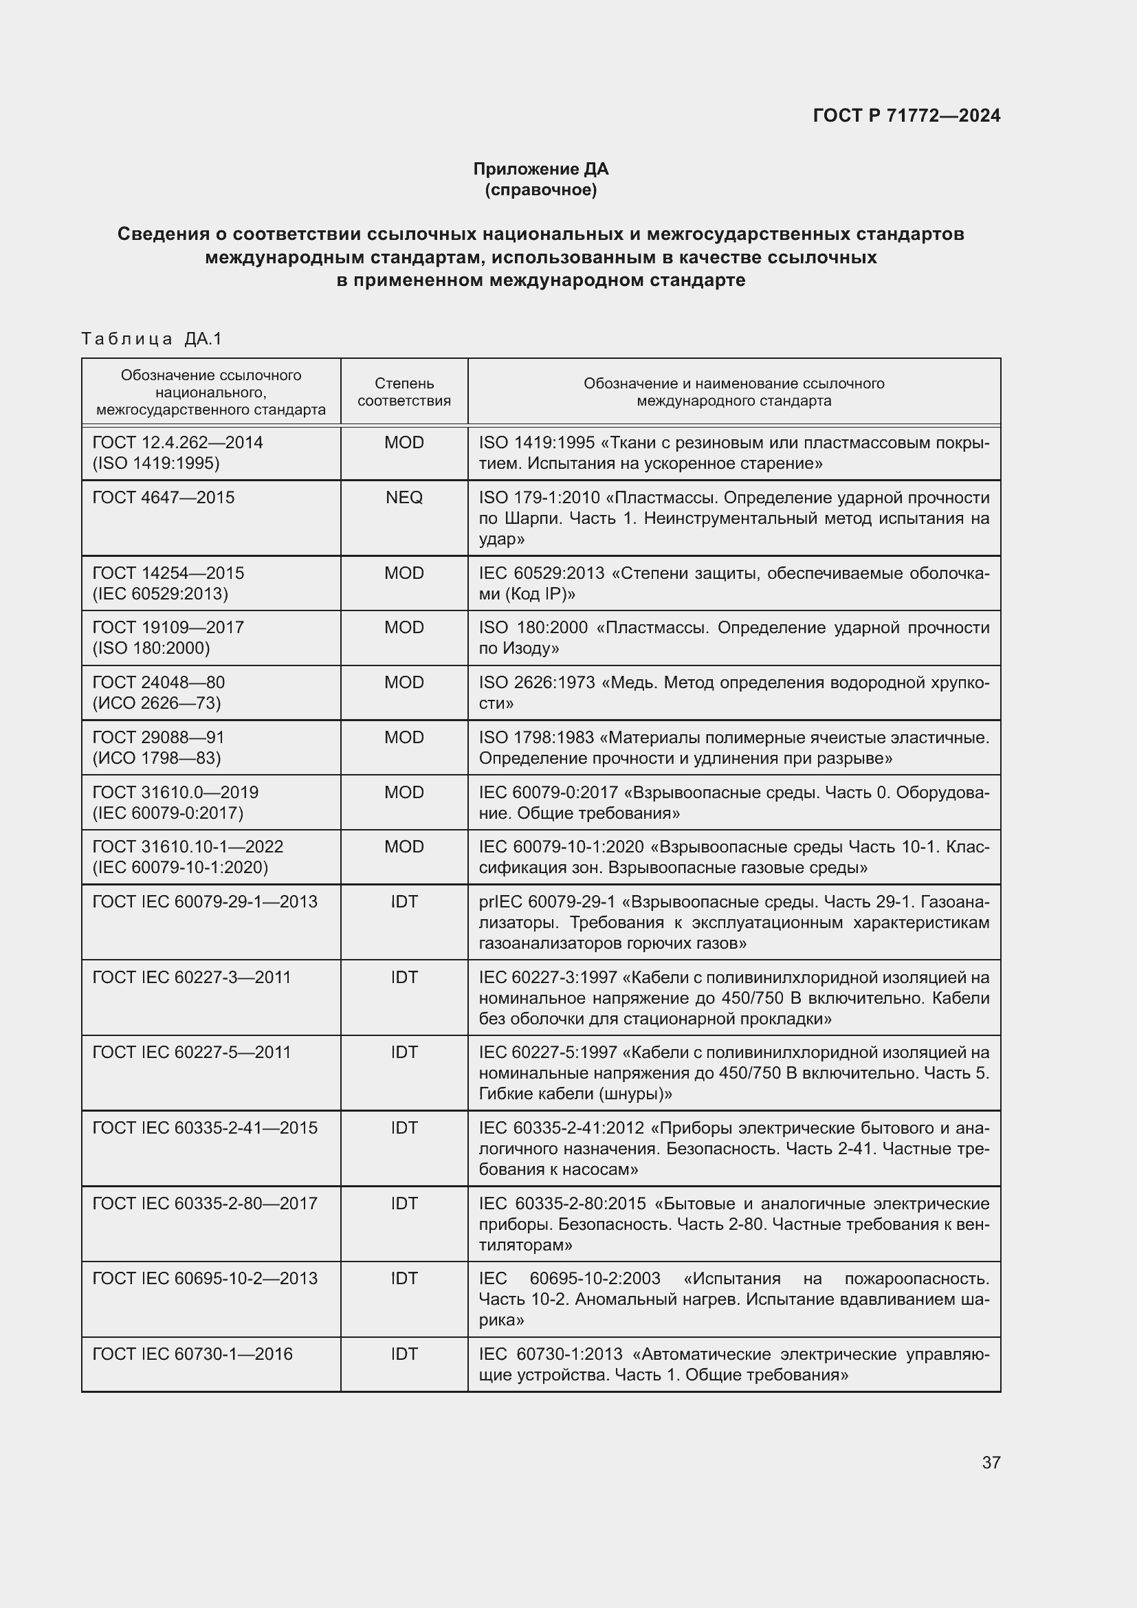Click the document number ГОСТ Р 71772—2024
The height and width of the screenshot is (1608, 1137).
pyautogui.click(x=906, y=115)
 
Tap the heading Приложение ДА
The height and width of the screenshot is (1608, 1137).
pyautogui.click(x=540, y=169)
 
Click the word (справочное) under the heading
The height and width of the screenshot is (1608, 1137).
pyautogui.click(x=540, y=190)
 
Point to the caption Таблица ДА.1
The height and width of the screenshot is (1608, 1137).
pyautogui.click(x=151, y=339)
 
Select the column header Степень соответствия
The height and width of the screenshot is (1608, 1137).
pyautogui.click(x=404, y=391)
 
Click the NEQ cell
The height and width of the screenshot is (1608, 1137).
pyautogui.click(x=404, y=498)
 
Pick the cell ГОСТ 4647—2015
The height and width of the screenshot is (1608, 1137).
pyautogui.click(x=164, y=498)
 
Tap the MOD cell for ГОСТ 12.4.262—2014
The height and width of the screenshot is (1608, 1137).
pyautogui.click(x=404, y=443)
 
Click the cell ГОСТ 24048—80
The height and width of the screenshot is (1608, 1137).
pyautogui.click(x=159, y=683)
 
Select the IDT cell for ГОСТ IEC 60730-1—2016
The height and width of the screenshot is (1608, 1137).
pyautogui.click(x=404, y=1354)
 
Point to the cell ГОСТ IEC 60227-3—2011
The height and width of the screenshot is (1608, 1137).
pyautogui.click(x=192, y=978)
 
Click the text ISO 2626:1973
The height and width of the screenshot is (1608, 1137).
pyautogui.click(x=536, y=683)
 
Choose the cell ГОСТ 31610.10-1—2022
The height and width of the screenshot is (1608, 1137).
pyautogui.click(x=188, y=848)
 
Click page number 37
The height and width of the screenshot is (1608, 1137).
pyautogui.click(x=991, y=1462)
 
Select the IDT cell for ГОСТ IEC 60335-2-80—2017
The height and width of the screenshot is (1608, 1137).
pyautogui.click(x=404, y=1204)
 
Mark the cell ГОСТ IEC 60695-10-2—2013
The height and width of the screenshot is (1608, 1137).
pyautogui.click(x=205, y=1279)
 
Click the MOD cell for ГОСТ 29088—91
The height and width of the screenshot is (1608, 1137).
pyautogui.click(x=404, y=738)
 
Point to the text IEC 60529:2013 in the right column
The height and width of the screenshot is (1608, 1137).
pyautogui.click(x=541, y=573)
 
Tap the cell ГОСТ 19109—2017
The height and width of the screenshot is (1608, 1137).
pyautogui.click(x=168, y=628)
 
